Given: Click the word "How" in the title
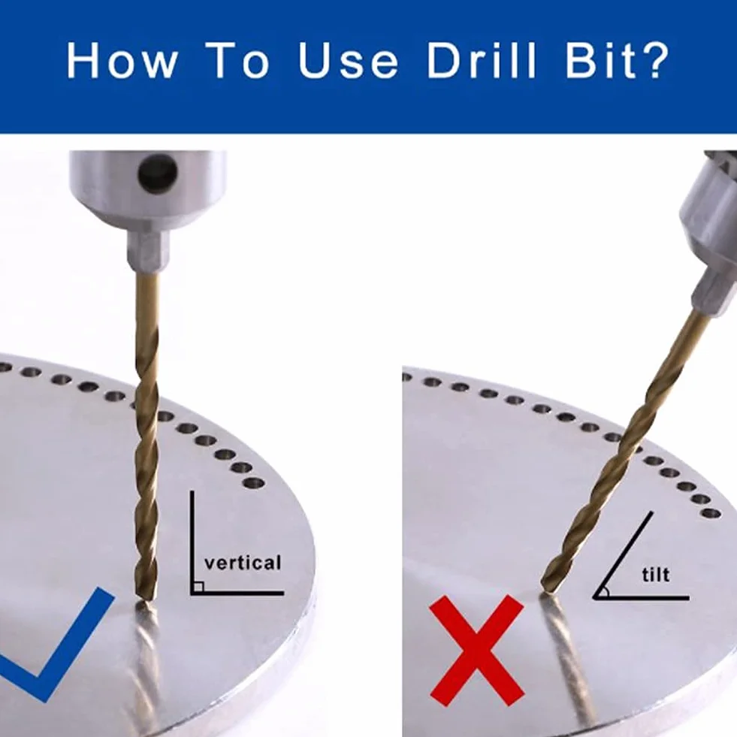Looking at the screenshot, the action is pyautogui.click(x=122, y=60).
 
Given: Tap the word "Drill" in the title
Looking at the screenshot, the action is pyautogui.click(x=481, y=60).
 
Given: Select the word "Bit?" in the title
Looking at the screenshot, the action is pyautogui.click(x=617, y=60).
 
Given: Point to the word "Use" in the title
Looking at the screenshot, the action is pyautogui.click(x=349, y=60).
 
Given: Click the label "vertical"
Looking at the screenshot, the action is pyautogui.click(x=243, y=563).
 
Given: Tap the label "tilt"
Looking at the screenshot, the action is pyautogui.click(x=656, y=575).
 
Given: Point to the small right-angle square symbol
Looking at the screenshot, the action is pyautogui.click(x=198, y=587).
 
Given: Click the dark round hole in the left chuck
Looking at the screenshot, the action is pyautogui.click(x=158, y=173).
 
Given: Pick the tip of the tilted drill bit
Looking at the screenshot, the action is pyautogui.click(x=547, y=591).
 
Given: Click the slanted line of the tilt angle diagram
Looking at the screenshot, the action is pyautogui.click(x=623, y=555).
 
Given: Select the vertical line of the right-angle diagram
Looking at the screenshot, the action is pyautogui.click(x=192, y=543).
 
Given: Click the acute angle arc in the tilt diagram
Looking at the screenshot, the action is pyautogui.click(x=606, y=591).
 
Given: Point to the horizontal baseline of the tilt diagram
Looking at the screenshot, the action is pyautogui.click(x=641, y=598).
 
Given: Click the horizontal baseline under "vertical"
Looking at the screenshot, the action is pyautogui.click(x=237, y=594).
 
